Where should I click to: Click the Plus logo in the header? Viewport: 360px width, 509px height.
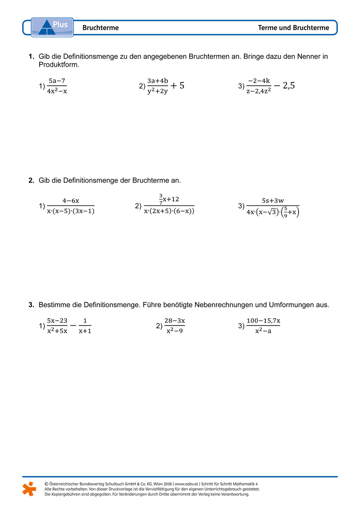point(52,27)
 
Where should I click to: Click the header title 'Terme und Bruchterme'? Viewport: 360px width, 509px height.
point(293,28)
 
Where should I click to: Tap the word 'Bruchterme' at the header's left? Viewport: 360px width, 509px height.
point(100,28)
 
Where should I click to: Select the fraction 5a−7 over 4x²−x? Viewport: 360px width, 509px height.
point(57,86)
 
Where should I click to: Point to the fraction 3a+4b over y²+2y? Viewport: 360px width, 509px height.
point(157,86)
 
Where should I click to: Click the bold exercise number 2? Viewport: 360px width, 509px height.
point(31,180)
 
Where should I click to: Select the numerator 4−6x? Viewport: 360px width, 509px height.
point(70,201)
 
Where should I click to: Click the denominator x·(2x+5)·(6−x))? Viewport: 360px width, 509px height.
point(169,211)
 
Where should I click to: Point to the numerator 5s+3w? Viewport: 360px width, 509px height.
point(273,201)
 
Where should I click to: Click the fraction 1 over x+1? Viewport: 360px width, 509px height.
point(85,326)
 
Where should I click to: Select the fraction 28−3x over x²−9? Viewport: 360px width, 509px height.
point(175,326)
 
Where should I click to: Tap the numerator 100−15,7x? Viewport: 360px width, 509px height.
point(263,321)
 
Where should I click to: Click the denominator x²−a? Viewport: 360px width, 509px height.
point(263,331)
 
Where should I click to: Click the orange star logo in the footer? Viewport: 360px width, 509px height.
point(29,489)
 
